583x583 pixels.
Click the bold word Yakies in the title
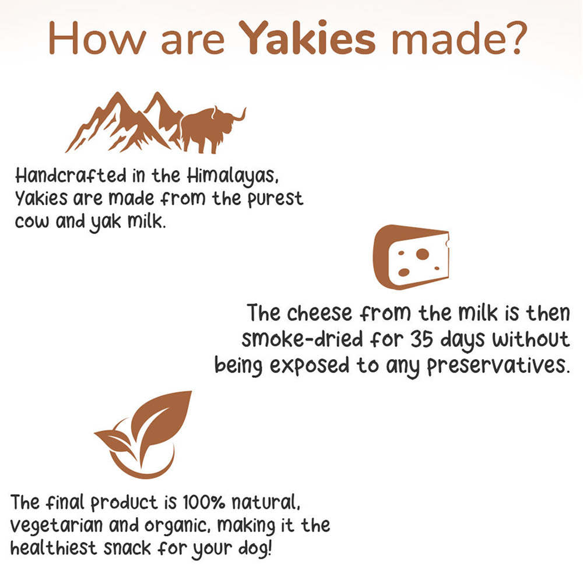[x=307, y=38]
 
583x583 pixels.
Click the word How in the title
[x=97, y=38]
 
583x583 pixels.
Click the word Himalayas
[x=232, y=176]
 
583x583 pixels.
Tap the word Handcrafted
[x=71, y=175]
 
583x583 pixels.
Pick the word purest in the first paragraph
[x=275, y=199]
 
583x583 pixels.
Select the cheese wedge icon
[x=410, y=257]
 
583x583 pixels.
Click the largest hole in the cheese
[x=422, y=254]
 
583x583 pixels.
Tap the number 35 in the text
[x=422, y=339]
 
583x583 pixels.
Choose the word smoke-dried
[x=302, y=339]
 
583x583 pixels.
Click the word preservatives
[x=498, y=366]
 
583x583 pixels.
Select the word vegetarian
[x=57, y=526]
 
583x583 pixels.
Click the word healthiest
[x=54, y=549]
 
